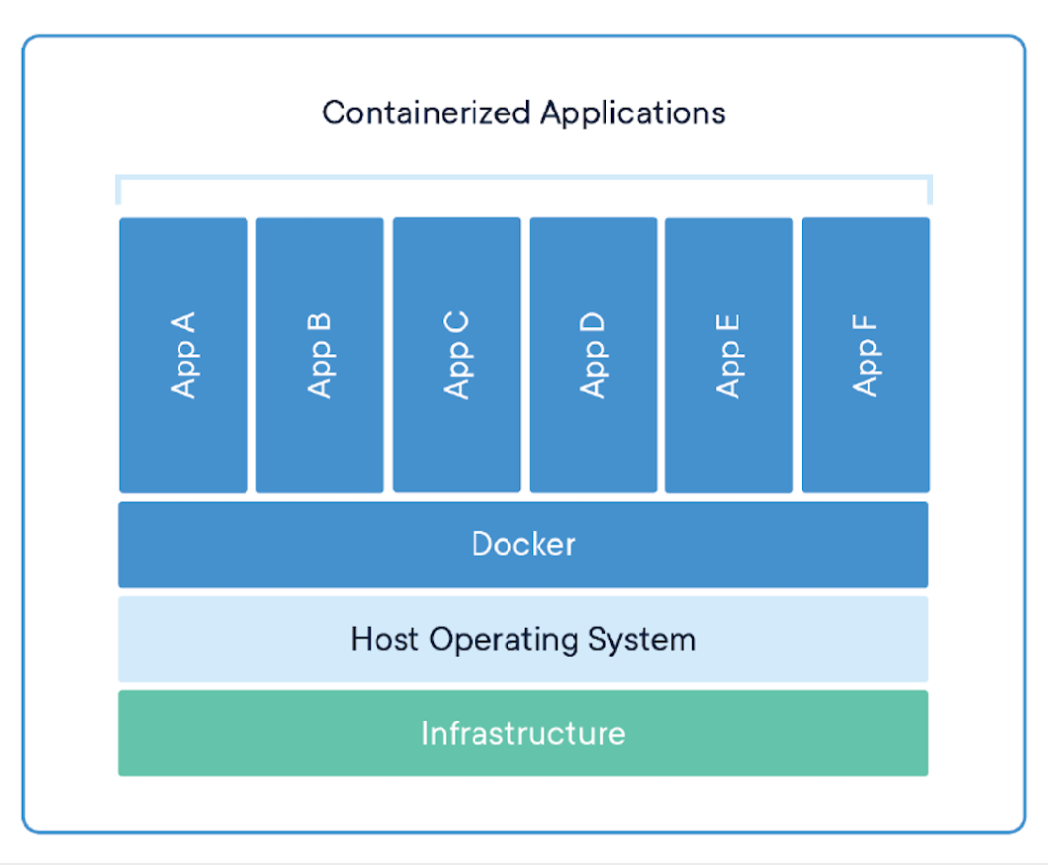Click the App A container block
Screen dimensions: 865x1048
(x=183, y=355)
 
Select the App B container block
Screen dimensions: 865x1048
(x=320, y=355)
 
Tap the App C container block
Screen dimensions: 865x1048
(x=456, y=355)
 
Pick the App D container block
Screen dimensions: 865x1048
(x=593, y=355)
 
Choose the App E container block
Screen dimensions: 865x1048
(x=729, y=355)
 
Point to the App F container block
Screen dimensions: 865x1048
(x=866, y=355)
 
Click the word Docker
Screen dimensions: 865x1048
(x=523, y=544)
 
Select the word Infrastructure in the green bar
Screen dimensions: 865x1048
(x=523, y=733)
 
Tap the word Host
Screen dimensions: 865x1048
(x=385, y=639)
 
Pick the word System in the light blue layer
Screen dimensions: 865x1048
(x=641, y=640)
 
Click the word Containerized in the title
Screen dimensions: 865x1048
(x=427, y=112)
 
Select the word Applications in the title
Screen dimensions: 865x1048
(x=633, y=113)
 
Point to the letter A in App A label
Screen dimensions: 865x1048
(x=182, y=322)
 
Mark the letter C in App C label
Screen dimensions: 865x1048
(x=455, y=322)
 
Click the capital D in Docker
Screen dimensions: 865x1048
(x=481, y=544)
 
